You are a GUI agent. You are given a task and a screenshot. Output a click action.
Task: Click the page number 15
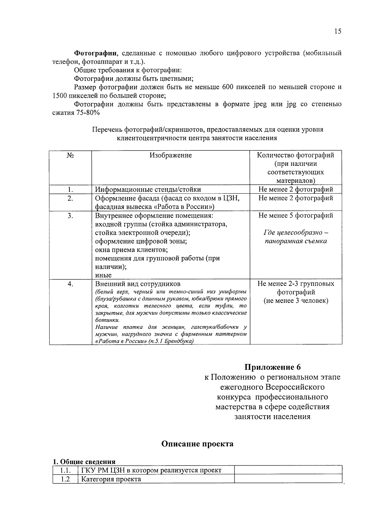[337, 31]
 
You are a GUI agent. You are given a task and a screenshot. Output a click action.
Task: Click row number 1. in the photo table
[70, 190]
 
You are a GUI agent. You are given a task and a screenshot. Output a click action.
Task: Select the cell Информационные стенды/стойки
[148, 190]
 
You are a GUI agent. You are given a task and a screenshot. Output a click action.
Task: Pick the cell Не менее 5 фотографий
[295, 215]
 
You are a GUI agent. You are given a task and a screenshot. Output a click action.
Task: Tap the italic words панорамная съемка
[295, 241]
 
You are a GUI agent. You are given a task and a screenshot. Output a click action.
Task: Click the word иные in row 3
[103, 275]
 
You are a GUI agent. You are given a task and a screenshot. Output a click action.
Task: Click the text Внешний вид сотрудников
[138, 284]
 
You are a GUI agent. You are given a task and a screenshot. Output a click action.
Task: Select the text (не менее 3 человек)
[295, 301]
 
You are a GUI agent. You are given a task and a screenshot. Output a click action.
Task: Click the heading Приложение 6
[272, 367]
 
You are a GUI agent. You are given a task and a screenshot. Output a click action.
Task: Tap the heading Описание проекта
[197, 444]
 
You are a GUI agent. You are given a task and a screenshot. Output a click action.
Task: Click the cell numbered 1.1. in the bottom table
[65, 470]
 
